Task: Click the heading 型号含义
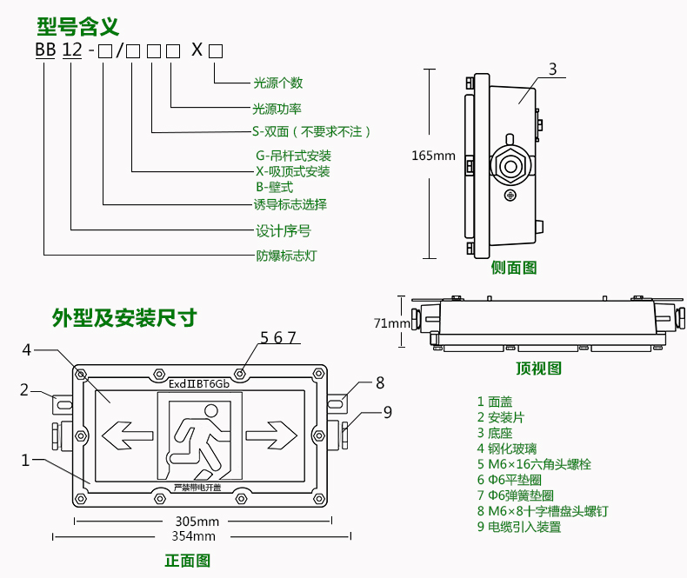[x=77, y=25]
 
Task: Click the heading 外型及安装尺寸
[x=123, y=318]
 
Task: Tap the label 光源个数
[x=277, y=83]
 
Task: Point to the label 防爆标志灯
[x=285, y=256]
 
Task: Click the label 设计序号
[x=283, y=231]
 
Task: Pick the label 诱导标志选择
[x=290, y=205]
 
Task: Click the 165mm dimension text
[x=432, y=156]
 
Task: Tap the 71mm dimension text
[x=391, y=323]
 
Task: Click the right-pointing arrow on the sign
[x=271, y=432]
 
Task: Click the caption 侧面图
[x=514, y=268]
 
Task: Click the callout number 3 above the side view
[x=552, y=70]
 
